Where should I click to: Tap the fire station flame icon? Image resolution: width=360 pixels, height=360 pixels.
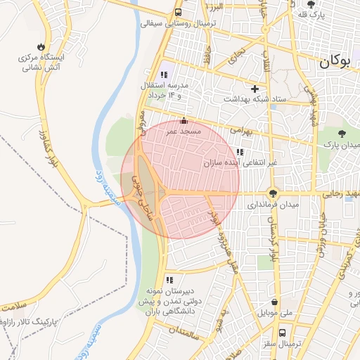pyautogui.click(x=46, y=44)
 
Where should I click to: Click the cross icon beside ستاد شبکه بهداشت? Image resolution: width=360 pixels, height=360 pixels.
pyautogui.click(x=255, y=89)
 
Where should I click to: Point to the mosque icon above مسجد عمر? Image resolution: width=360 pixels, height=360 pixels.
pyautogui.click(x=184, y=120)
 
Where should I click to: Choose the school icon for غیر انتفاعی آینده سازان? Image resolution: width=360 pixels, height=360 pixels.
pyautogui.click(x=240, y=152)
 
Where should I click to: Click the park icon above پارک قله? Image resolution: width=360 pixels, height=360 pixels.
pyautogui.click(x=311, y=4)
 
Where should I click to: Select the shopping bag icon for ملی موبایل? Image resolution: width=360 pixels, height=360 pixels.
pyautogui.click(x=270, y=300)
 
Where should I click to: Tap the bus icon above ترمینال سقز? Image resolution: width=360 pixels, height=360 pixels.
pyautogui.click(x=283, y=333)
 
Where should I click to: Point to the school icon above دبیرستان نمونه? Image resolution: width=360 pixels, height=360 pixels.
pyautogui.click(x=169, y=280)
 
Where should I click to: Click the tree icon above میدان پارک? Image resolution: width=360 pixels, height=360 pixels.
pyautogui.click(x=342, y=133)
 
